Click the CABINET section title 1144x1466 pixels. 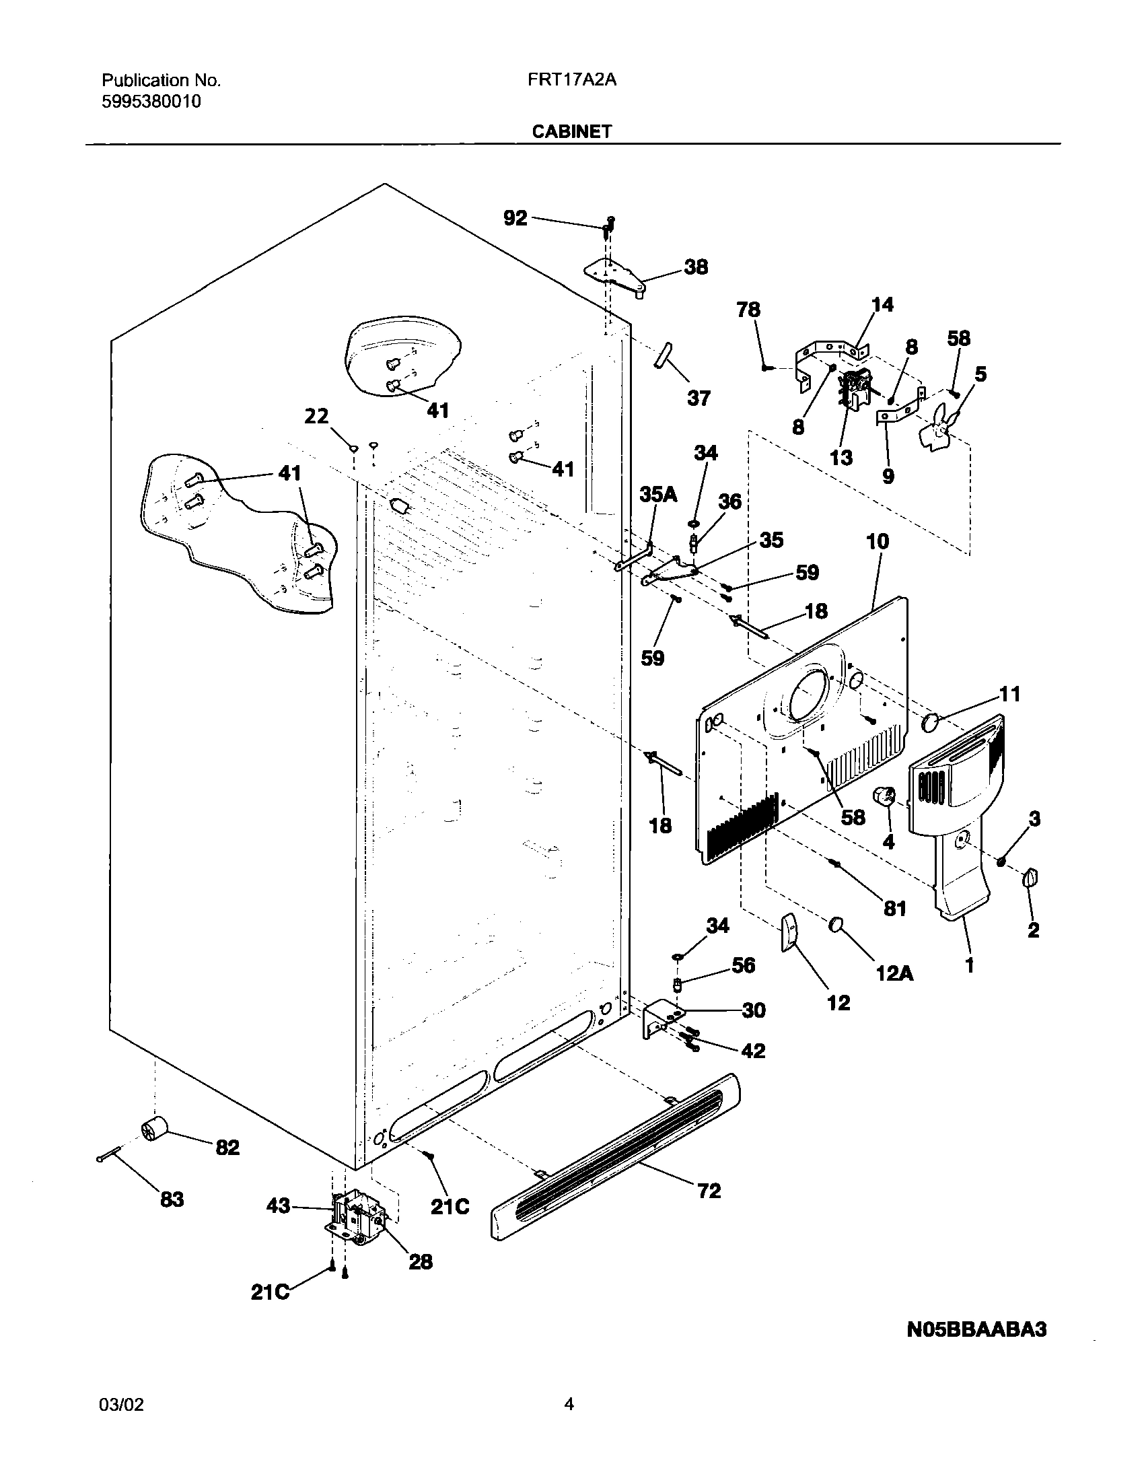(571, 131)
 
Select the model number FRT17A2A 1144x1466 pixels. (571, 80)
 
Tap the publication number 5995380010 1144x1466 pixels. (151, 102)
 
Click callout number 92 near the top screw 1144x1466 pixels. (515, 217)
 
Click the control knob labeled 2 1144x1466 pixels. (1030, 878)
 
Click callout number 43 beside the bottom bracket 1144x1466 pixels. (279, 1206)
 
